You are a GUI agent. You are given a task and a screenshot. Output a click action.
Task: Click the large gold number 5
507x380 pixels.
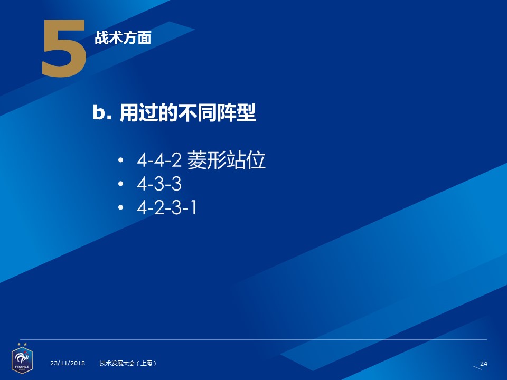[64, 48]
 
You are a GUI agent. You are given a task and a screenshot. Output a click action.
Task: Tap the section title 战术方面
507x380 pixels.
[123, 38]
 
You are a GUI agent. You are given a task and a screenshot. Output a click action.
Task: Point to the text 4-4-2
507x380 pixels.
[159, 160]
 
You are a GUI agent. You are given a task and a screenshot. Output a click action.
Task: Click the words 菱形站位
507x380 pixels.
[227, 159]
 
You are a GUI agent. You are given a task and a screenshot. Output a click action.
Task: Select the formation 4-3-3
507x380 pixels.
[159, 184]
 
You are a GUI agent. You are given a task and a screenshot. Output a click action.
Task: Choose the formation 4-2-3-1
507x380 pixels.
[166, 207]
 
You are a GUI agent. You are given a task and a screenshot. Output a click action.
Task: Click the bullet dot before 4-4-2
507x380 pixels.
[121, 160]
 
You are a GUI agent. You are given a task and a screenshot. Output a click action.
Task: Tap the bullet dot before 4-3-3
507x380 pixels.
[121, 184]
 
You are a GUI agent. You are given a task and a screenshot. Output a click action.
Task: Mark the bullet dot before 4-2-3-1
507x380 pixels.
[121, 207]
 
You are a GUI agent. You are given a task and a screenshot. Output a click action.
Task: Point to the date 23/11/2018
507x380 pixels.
[68, 363]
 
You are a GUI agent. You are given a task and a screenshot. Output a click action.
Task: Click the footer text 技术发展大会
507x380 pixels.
[117, 363]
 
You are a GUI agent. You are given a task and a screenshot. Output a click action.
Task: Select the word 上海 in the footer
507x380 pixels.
[146, 363]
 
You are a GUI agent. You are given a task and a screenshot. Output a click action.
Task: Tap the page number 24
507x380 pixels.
[484, 364]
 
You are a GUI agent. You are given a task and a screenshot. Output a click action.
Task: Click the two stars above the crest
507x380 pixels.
[22, 345]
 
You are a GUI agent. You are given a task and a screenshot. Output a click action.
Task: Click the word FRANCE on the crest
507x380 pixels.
[22, 367]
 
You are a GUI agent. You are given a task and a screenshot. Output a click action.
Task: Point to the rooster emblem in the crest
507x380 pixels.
[22, 358]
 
